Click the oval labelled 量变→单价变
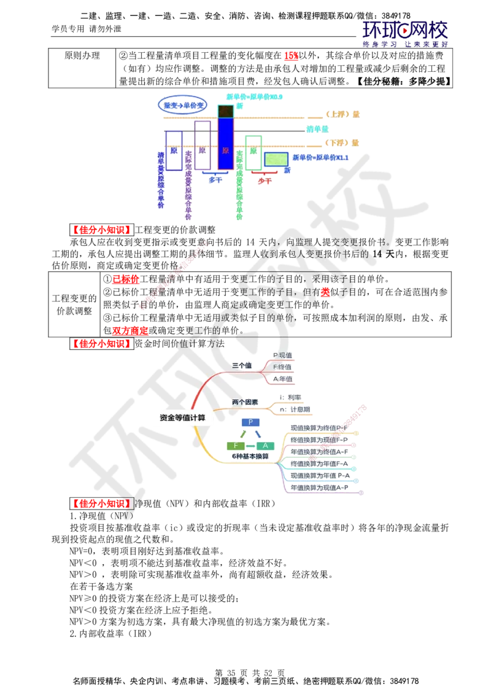click(x=184, y=106)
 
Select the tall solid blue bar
click(x=225, y=143)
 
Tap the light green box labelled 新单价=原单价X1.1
click(x=276, y=159)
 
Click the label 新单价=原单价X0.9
click(x=255, y=97)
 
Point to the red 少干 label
click(x=264, y=181)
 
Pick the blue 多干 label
click(x=215, y=180)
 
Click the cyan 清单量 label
click(x=317, y=129)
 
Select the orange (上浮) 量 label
click(x=342, y=114)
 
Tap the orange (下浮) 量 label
click(x=342, y=142)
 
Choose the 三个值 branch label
click(x=242, y=365)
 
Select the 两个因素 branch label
click(x=245, y=402)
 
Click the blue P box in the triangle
click(x=250, y=422)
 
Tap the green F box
click(x=235, y=446)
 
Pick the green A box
click(x=265, y=446)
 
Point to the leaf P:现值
click(x=283, y=355)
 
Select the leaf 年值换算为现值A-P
click(x=319, y=487)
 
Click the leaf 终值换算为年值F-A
click(x=319, y=464)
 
